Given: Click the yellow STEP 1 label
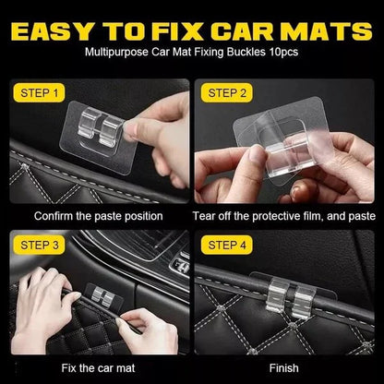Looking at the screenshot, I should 42,92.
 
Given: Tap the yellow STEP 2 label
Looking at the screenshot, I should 228,92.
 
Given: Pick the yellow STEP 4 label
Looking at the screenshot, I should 228,245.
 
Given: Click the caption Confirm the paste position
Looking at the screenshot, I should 98,216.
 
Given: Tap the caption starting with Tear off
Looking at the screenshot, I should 285,216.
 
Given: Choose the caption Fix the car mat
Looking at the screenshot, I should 98,368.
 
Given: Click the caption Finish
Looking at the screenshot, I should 285,368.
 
